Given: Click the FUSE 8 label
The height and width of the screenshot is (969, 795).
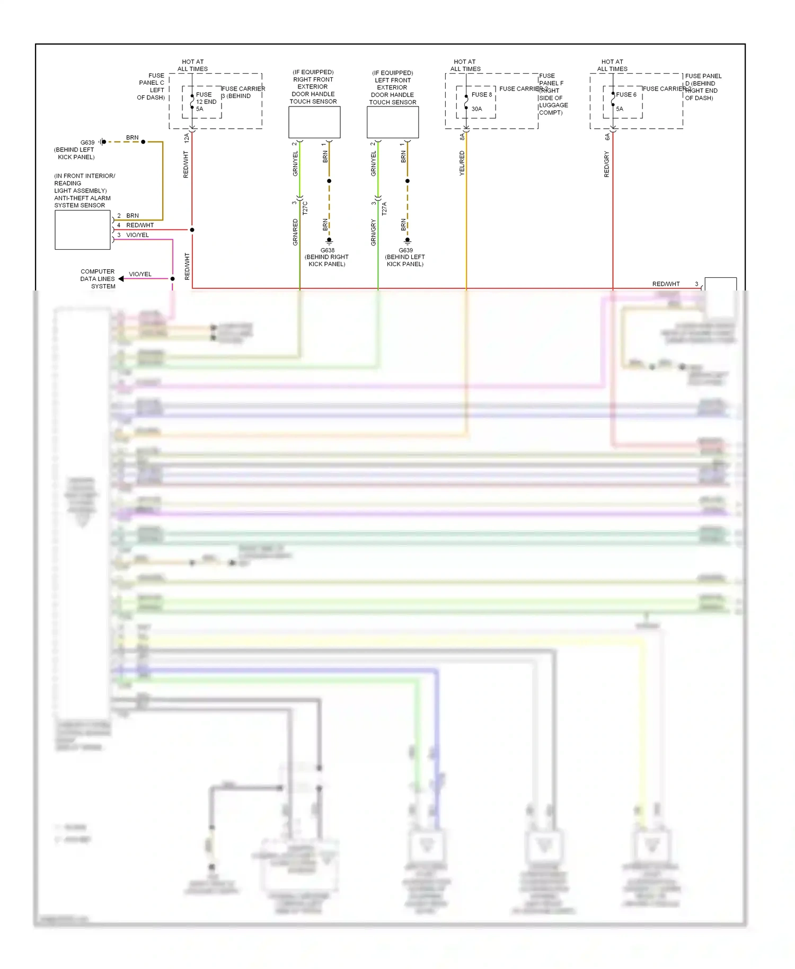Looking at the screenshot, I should point(481,94).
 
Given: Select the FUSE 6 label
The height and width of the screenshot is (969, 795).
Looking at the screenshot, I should point(626,94).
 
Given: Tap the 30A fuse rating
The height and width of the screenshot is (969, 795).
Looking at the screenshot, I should point(476,109).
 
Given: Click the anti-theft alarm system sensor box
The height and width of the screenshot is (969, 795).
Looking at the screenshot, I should point(83,230).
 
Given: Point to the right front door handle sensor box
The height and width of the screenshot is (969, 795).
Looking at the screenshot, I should point(314,122).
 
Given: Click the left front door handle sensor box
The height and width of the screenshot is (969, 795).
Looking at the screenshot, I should point(393,122).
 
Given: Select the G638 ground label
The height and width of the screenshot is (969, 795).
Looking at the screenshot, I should point(327,250).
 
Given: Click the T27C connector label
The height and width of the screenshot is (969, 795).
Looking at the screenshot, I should point(305,208).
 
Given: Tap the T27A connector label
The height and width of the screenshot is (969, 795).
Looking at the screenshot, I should point(384,208).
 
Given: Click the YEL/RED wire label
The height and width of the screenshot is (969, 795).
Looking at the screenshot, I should point(462,163).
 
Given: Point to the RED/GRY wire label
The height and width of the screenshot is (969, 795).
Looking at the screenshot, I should point(607,164).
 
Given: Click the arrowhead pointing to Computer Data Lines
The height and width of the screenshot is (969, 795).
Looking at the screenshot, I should point(121,279).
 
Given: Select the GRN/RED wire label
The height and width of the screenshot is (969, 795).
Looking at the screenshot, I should point(295,232).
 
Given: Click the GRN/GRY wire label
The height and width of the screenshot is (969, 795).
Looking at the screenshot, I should point(373,232).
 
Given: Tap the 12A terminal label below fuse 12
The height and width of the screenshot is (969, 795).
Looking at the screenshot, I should point(186,138).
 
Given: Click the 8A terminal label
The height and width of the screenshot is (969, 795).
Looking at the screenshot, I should point(462,137).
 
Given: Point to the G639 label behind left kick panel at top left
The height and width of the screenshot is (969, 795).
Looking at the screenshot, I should point(87,143).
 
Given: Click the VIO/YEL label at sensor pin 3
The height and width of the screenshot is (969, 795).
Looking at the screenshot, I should point(137,235).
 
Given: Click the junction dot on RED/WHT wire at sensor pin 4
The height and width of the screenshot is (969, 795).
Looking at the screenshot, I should point(192,230).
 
